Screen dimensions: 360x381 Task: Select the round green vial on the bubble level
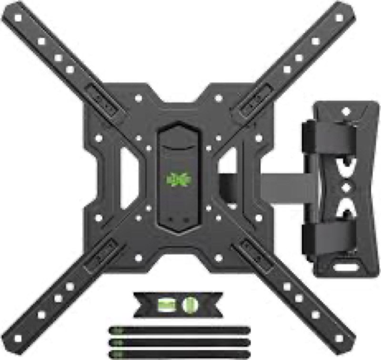click(x=190, y=304)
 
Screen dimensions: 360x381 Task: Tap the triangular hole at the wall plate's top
click(x=346, y=111)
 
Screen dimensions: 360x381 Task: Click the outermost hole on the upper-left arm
click(x=18, y=18)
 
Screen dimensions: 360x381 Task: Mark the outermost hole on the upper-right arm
click(x=339, y=18)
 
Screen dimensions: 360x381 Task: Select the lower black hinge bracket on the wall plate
click(x=329, y=236)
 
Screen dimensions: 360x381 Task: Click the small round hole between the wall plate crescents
click(x=347, y=185)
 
